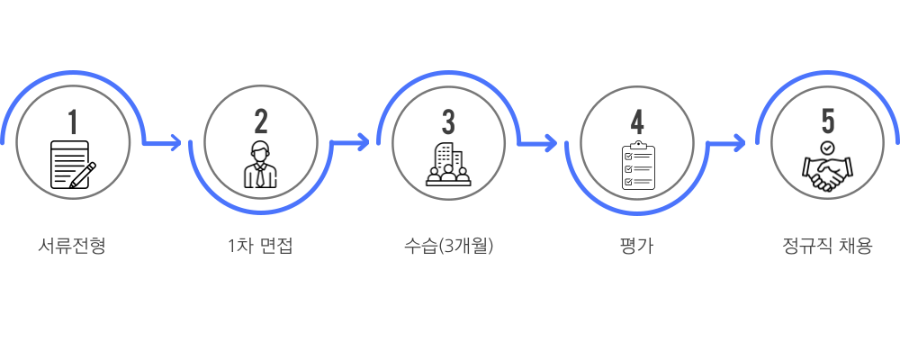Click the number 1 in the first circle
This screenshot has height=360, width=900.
click(x=72, y=121)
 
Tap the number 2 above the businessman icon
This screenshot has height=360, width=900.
click(x=261, y=121)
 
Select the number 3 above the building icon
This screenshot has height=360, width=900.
click(x=448, y=121)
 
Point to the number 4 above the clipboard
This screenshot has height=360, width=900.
click(x=637, y=121)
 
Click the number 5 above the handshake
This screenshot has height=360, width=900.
click(x=827, y=121)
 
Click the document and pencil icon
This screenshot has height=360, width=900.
click(x=73, y=164)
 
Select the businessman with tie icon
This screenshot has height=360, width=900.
click(x=261, y=164)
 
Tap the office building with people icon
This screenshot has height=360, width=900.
click(x=448, y=164)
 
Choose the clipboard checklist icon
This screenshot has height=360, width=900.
click(x=638, y=166)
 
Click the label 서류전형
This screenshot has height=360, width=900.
click(x=72, y=246)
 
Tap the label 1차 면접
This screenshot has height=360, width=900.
click(x=261, y=246)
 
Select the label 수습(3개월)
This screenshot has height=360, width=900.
click(x=448, y=246)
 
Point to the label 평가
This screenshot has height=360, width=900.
click(x=637, y=246)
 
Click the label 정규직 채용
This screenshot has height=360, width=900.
click(x=827, y=246)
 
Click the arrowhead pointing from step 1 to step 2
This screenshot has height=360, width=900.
click(x=175, y=142)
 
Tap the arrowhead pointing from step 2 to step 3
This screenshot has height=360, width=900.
click(x=364, y=142)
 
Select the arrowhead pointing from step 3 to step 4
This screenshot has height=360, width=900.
click(x=551, y=142)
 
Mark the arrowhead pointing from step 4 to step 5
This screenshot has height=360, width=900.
click(x=739, y=142)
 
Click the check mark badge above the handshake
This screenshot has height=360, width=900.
click(x=827, y=148)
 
